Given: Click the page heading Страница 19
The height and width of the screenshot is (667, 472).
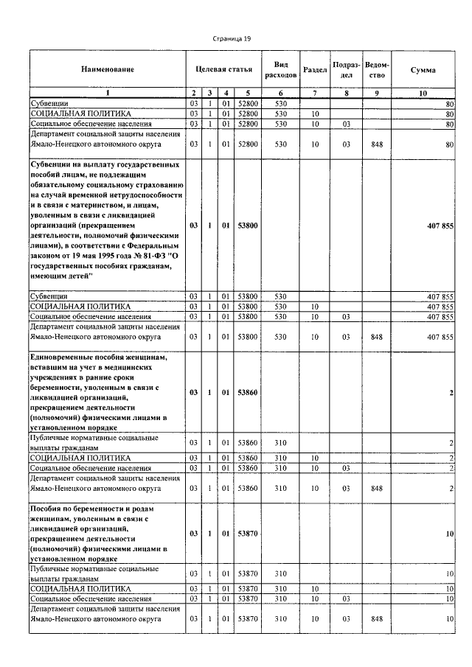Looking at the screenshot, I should (x=235, y=38).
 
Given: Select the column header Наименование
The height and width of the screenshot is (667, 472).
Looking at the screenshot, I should (x=108, y=69).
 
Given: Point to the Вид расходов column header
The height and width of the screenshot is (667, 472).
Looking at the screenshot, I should (x=280, y=69).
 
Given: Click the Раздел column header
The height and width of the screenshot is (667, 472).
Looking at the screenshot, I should (x=315, y=69).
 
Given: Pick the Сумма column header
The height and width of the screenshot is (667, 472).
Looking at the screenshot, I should (x=423, y=69).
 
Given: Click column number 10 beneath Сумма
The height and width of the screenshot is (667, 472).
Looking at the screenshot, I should (x=423, y=93).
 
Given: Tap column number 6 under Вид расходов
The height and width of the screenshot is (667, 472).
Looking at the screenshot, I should (x=280, y=93).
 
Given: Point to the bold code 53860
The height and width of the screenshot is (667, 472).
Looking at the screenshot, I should (x=247, y=392).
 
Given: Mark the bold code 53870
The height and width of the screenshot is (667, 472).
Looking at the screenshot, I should (x=247, y=533).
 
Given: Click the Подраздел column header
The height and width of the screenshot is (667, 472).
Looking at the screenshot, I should (x=346, y=69).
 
